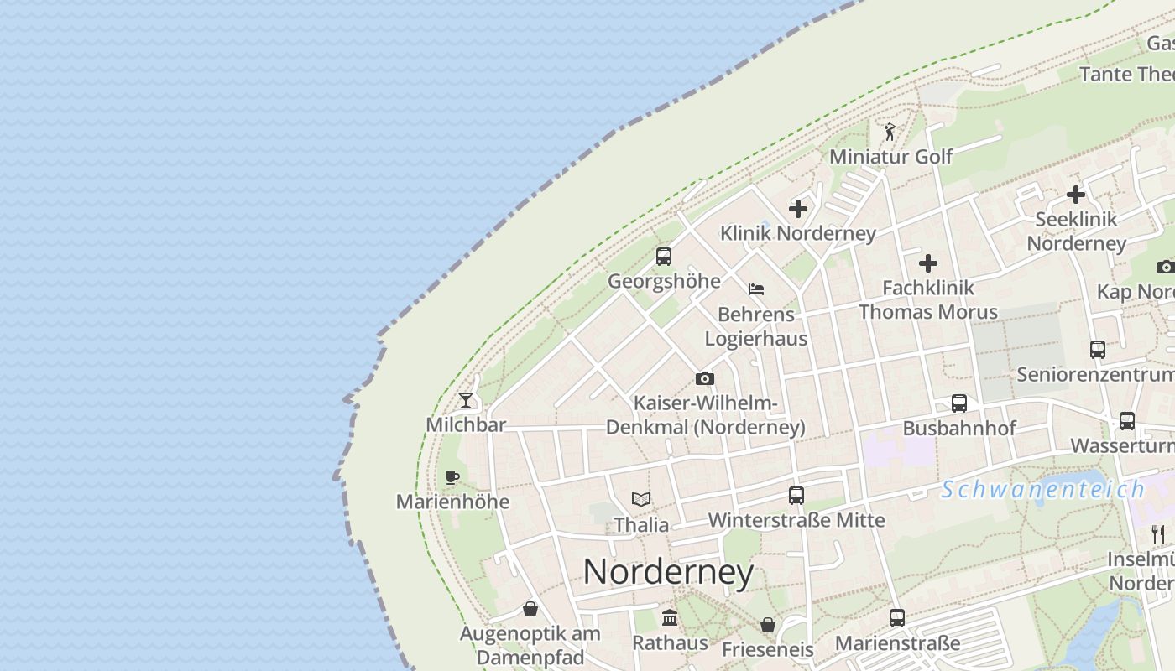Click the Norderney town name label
click(668, 572)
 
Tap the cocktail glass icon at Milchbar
click(466, 400)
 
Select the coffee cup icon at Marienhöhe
click(452, 478)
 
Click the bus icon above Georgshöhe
click(664, 257)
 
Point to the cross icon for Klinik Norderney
click(798, 209)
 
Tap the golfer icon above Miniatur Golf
click(890, 133)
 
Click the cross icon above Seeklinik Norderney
click(1075, 195)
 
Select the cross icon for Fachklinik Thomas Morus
click(927, 263)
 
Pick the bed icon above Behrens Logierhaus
click(756, 289)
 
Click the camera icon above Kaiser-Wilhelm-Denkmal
click(705, 379)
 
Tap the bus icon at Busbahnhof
click(959, 403)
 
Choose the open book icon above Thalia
click(641, 500)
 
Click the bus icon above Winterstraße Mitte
click(796, 496)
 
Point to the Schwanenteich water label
click(1042, 490)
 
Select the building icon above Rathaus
click(670, 618)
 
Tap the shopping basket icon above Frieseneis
click(767, 625)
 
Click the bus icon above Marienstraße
click(897, 618)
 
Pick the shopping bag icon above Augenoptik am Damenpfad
click(530, 609)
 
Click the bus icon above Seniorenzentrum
click(1097, 350)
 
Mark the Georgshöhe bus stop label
click(664, 281)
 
